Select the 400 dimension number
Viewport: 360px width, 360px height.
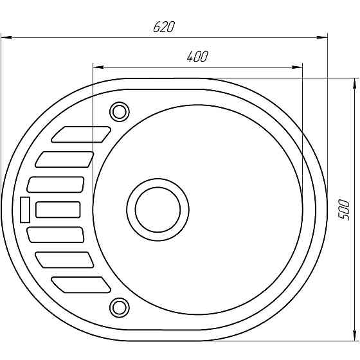point(197,57)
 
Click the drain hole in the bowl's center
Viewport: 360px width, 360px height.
point(157,210)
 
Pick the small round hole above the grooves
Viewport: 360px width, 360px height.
point(119,111)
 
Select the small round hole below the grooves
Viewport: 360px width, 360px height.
point(119,306)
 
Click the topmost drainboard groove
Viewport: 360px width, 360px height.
point(81,134)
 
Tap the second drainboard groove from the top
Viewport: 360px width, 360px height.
point(65,159)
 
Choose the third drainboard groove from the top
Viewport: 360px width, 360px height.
point(56,184)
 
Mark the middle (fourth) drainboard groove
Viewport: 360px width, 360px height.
point(58,210)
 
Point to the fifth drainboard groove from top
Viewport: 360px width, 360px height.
point(56,235)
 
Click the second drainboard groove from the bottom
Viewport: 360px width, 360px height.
point(65,259)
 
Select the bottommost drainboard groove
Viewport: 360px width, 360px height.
point(81,284)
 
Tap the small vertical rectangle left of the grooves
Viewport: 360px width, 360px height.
point(25,210)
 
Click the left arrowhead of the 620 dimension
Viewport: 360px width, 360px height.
point(5,37)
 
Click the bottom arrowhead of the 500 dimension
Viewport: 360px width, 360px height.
point(354,336)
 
